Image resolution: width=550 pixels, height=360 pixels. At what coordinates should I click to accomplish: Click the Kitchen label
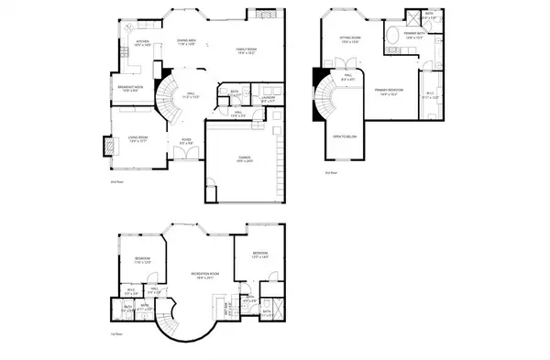pyautogui.click(x=142, y=42)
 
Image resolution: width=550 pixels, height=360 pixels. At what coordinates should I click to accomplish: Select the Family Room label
pyautogui.click(x=245, y=52)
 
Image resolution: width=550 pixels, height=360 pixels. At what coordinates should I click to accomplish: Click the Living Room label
pyautogui.click(x=137, y=139)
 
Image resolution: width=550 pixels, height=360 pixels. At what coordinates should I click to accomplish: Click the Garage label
pyautogui.click(x=245, y=158)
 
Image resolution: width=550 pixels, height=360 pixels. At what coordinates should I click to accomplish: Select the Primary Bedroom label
pyautogui.click(x=390, y=91)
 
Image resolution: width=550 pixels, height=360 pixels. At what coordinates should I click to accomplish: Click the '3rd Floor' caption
pyautogui.click(x=331, y=172)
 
